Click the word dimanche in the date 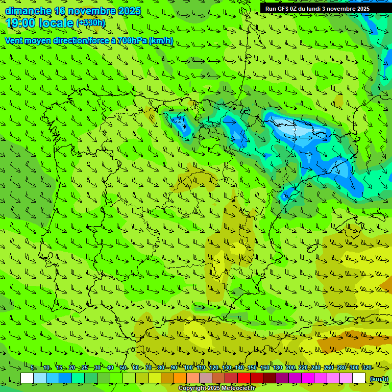pyautogui.click(x=28, y=11)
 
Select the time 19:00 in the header pyautogui.click(x=22, y=22)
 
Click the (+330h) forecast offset pyautogui.click(x=91, y=22)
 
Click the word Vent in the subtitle pyautogui.click(x=14, y=40)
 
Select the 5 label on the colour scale pyautogui.click(x=33, y=367)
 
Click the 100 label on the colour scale pyautogui.click(x=188, y=367)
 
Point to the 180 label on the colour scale pyautogui.click(x=277, y=367)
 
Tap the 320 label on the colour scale pyautogui.click(x=366, y=367)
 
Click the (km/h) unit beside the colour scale pyautogui.click(x=379, y=379)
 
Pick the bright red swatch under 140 pyautogui.click(x=244, y=378)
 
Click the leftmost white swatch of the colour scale pyautogui.click(x=27, y=378)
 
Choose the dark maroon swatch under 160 pyautogui.click(x=269, y=378)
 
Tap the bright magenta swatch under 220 pyautogui.click(x=308, y=378)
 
